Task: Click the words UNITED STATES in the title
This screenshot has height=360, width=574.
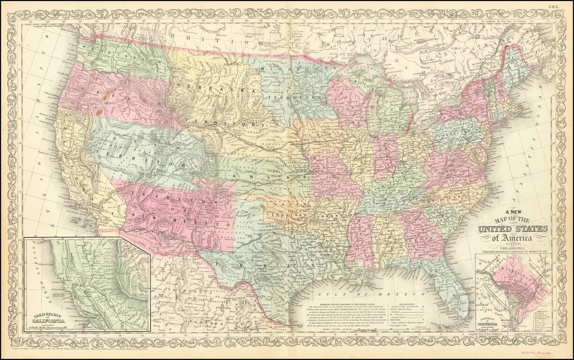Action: [x=513, y=229]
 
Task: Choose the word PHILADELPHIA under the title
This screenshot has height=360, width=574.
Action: [x=513, y=247]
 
